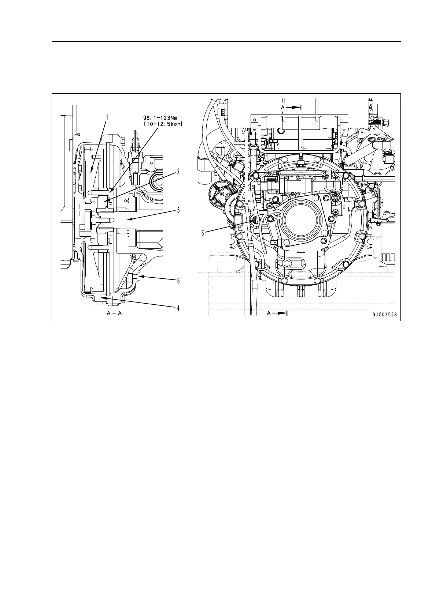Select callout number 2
[178, 171]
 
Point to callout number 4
[178, 308]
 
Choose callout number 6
[178, 281]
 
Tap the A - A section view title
[114, 313]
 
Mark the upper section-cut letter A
[282, 108]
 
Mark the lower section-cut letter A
[269, 313]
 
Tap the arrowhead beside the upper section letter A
[297, 108]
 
